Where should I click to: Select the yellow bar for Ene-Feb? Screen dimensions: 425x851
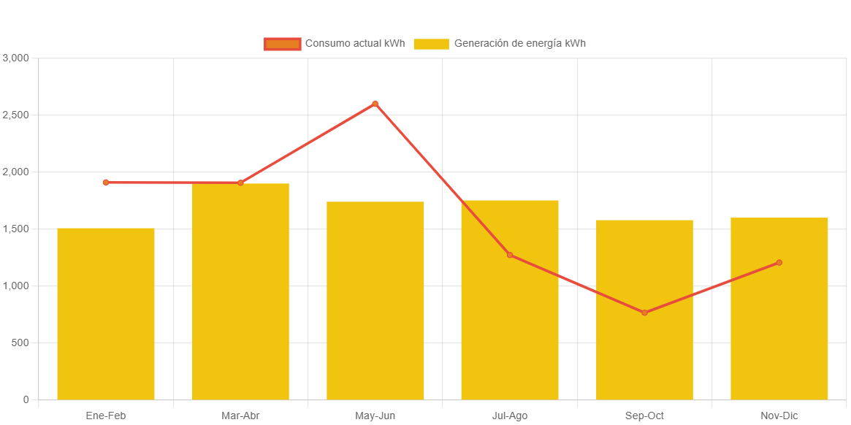coord(106,314)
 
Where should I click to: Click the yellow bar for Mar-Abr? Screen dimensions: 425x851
coord(240,292)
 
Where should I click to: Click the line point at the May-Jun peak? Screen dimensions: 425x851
coord(375,104)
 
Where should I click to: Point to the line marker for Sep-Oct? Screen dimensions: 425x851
coord(644,313)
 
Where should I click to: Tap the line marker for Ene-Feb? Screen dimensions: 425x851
coord(106,183)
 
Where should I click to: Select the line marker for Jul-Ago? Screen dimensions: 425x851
coord(510,255)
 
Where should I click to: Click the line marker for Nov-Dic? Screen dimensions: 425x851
coord(779,262)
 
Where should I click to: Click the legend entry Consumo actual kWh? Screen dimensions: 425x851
coord(334,44)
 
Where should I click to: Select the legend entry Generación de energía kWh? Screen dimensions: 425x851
coord(500,44)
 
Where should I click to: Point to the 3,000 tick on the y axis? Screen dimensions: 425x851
coord(15,58)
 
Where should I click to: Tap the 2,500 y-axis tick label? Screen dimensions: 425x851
coord(15,115)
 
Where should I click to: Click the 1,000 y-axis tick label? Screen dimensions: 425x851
coord(15,286)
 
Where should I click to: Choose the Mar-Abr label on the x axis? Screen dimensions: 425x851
coord(240,416)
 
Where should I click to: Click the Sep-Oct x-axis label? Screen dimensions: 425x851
coord(644,416)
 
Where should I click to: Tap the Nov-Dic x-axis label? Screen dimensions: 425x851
coord(779,416)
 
